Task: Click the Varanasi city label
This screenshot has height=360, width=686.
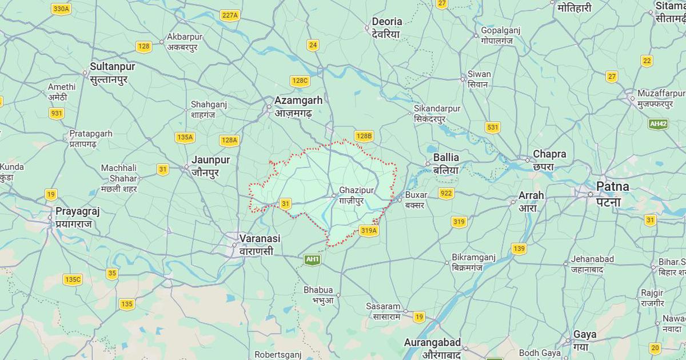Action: [260, 238]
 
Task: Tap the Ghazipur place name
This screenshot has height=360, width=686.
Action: [356, 190]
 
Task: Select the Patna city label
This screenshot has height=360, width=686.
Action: [612, 186]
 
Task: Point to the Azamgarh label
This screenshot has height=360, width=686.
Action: [298, 101]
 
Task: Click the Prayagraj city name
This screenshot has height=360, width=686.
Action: [78, 211]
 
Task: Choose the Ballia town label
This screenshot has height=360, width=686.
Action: [446, 157]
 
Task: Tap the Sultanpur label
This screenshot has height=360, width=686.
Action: [109, 66]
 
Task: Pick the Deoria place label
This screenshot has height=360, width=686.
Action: [387, 22]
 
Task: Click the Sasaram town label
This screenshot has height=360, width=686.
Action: [383, 306]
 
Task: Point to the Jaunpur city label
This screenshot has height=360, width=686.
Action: [210, 159]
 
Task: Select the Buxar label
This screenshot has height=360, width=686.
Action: [416, 195]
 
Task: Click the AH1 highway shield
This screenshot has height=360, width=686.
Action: [312, 259]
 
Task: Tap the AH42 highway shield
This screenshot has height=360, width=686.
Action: [658, 123]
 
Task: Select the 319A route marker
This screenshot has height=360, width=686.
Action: [369, 230]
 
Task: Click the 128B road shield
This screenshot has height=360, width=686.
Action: [364, 136]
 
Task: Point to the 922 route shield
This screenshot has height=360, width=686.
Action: [446, 193]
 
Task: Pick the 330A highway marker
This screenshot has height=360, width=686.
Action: [61, 9]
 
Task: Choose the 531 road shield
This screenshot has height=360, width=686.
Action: [493, 127]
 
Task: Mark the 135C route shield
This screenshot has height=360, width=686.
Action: [73, 279]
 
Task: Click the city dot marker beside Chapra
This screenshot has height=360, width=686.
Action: [528, 159]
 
